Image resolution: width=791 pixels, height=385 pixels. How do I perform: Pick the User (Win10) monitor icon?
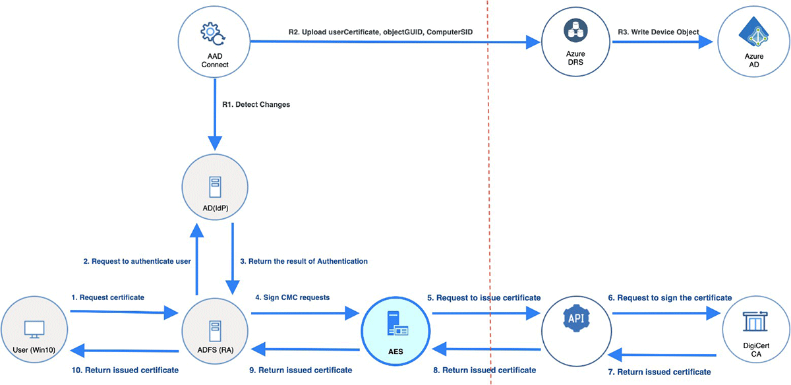34,328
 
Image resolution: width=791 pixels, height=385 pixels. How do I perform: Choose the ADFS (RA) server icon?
214,329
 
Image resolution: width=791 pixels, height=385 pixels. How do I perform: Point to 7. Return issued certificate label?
659,372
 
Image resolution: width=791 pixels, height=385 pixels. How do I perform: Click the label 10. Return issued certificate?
125,370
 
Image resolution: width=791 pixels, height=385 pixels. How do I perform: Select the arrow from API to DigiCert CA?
666,314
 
